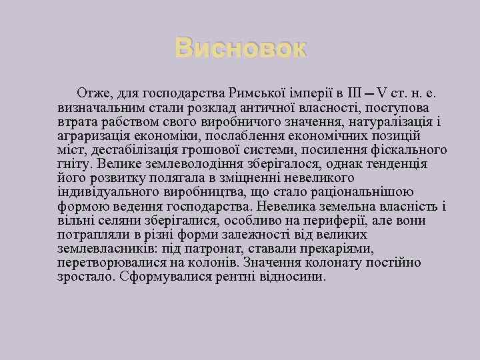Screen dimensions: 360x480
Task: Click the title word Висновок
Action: click(x=240, y=49)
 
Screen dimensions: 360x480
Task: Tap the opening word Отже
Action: click(x=95, y=93)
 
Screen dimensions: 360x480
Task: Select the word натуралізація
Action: click(x=394, y=122)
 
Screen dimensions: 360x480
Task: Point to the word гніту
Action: click(x=75, y=164)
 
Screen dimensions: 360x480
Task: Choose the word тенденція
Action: click(x=393, y=164)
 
